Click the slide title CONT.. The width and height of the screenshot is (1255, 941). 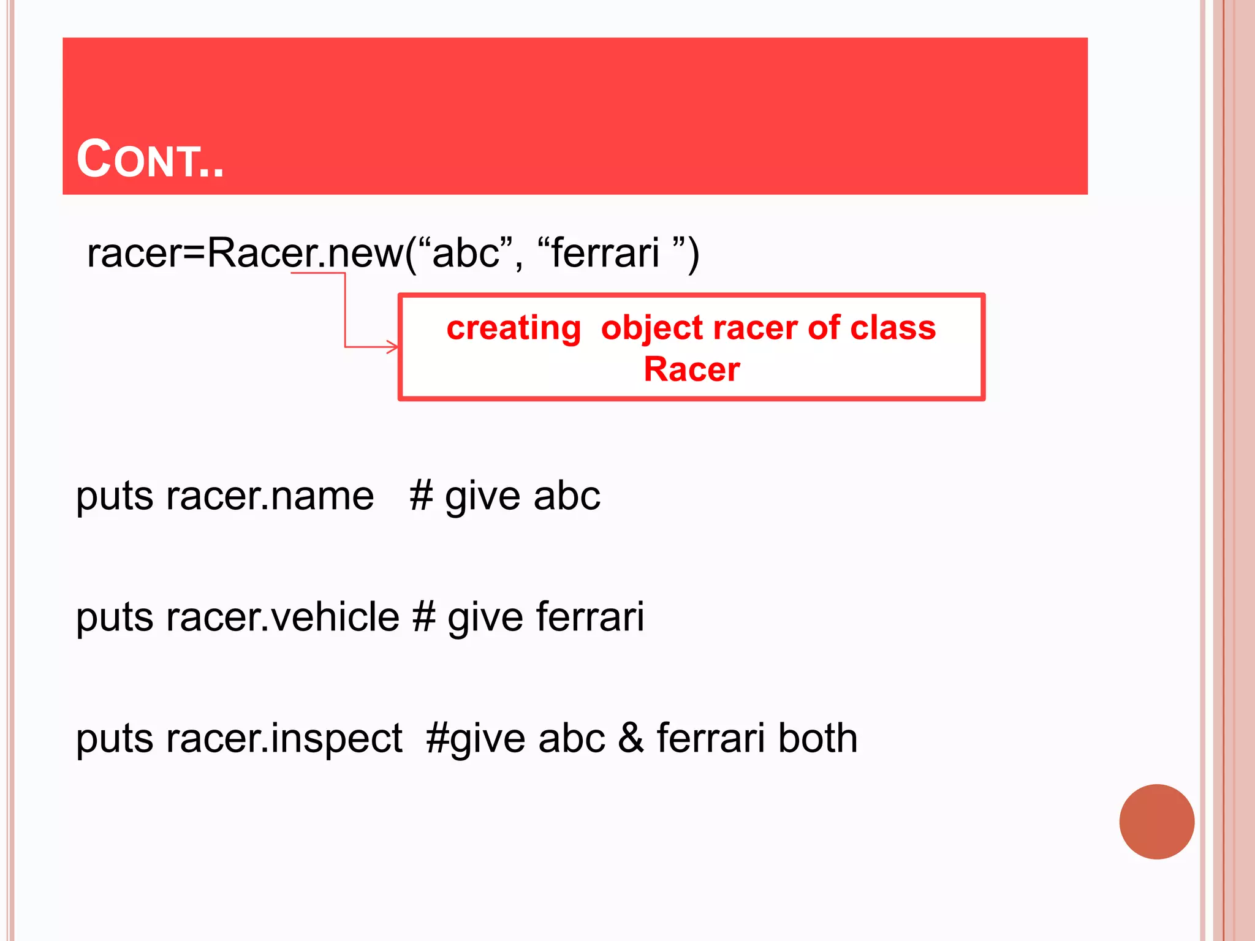[x=150, y=159]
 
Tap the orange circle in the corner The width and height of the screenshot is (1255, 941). [x=1156, y=822]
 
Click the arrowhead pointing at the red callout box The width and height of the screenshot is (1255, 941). [x=392, y=347]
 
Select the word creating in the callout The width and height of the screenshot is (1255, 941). [x=514, y=328]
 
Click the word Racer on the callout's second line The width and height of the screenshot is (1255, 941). [x=692, y=369]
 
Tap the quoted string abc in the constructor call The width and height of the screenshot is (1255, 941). [x=465, y=252]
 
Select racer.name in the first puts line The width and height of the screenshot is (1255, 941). [x=270, y=496]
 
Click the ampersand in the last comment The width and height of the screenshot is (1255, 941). [x=631, y=738]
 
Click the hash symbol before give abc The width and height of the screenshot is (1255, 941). [x=422, y=496]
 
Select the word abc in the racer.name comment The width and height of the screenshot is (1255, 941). [x=567, y=496]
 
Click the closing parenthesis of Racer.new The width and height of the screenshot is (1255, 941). [x=692, y=254]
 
